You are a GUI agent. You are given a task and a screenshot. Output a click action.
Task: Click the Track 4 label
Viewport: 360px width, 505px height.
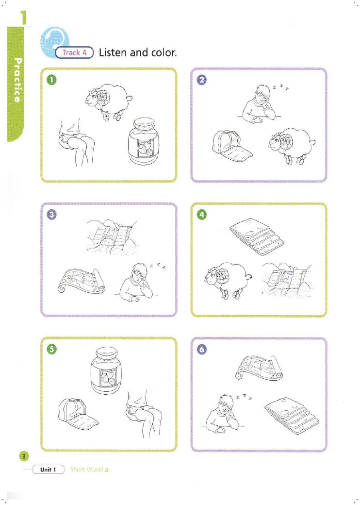pyautogui.click(x=74, y=52)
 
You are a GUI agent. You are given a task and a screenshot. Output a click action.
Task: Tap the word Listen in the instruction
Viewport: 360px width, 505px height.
pyautogui.click(x=113, y=52)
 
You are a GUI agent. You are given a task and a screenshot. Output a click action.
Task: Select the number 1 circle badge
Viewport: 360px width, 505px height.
pyautogui.click(x=51, y=80)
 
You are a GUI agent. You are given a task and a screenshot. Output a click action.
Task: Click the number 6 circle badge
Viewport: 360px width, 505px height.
pyautogui.click(x=202, y=349)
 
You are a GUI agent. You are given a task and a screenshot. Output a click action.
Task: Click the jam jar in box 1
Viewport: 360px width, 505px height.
pyautogui.click(x=144, y=141)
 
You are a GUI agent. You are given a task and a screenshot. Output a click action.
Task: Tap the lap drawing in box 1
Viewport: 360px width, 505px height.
pyautogui.click(x=76, y=142)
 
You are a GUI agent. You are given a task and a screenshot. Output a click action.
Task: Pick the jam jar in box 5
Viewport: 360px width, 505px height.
pyautogui.click(x=107, y=370)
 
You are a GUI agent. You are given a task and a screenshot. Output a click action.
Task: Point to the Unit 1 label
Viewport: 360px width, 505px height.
pyautogui.click(x=48, y=469)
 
